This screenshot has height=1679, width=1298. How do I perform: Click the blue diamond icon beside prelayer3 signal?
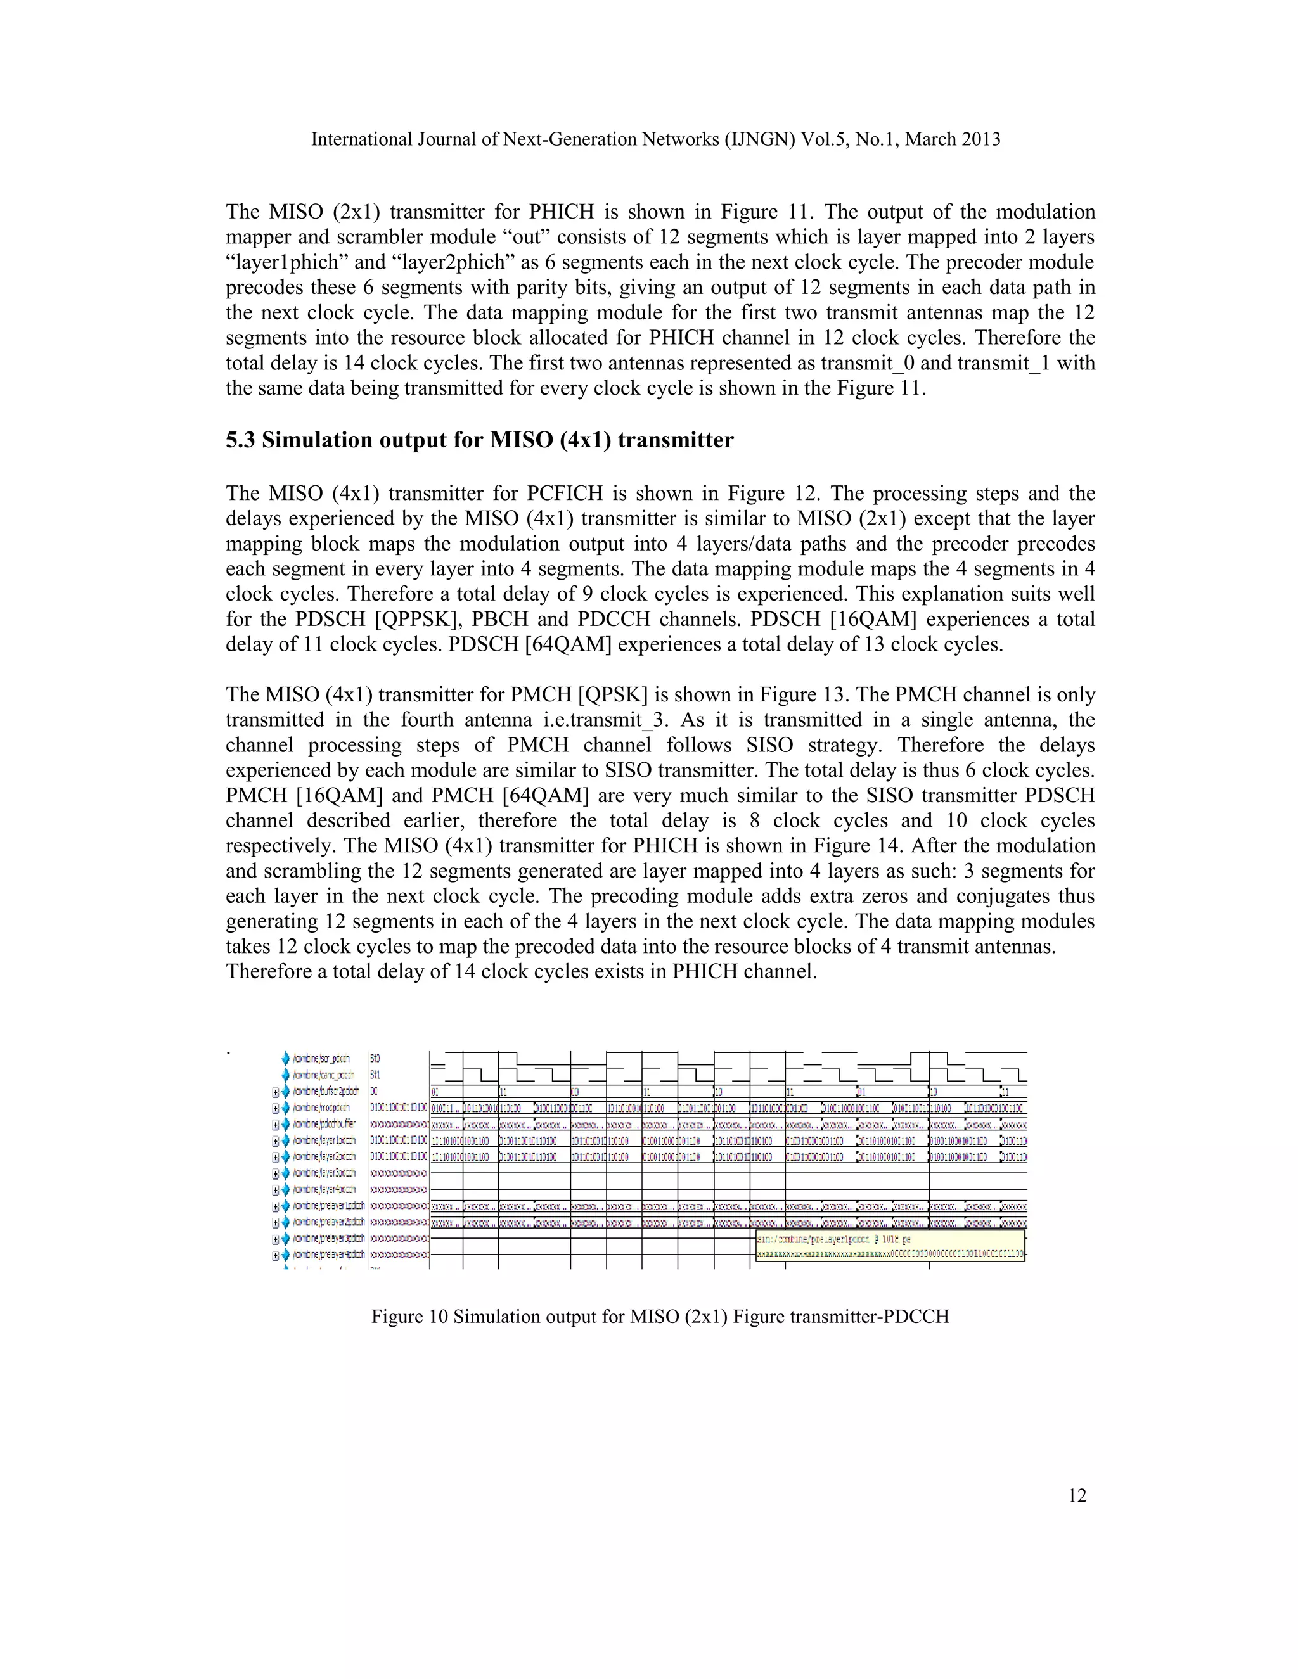point(286,1239)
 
